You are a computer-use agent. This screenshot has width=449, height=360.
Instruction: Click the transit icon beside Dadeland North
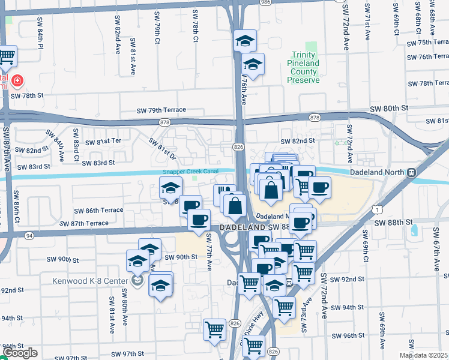[x=412, y=172]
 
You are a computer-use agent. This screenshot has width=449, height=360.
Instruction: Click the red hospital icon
[x=17, y=80]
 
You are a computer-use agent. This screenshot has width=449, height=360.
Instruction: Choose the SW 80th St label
[x=388, y=108]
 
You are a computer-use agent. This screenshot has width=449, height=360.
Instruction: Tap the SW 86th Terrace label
[x=98, y=211]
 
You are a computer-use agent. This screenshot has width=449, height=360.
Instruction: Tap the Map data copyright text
[x=424, y=355]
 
